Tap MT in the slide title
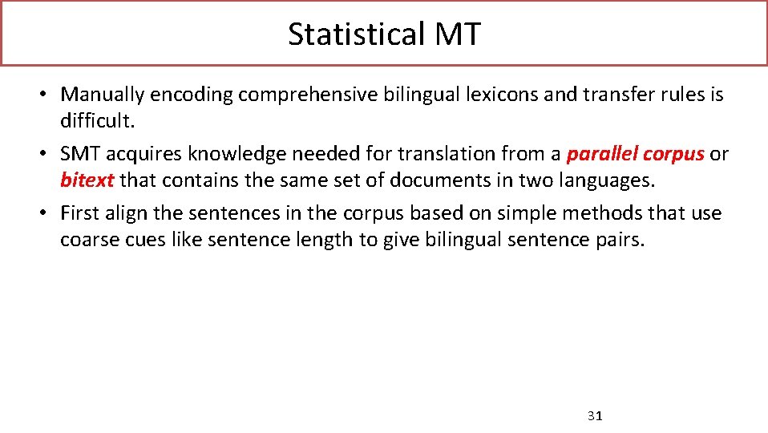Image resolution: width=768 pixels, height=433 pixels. click(458, 34)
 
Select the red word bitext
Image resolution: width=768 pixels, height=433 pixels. click(87, 180)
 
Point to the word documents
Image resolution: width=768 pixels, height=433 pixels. click(434, 180)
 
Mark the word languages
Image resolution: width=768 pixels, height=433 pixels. click(604, 180)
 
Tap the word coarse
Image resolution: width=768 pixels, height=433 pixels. click(87, 239)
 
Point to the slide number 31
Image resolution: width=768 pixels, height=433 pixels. click(594, 415)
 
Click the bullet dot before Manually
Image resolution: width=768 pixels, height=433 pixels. click(49, 95)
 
